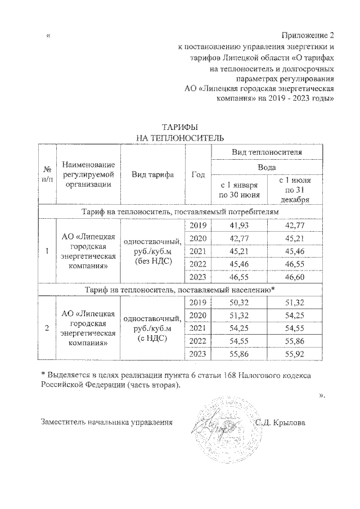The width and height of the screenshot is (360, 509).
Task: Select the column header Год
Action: tap(197, 174)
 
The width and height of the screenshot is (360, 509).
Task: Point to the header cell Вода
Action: tap(266, 167)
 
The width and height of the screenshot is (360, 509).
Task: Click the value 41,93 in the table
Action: tap(238, 226)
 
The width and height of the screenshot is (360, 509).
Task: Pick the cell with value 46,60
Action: tap(295, 277)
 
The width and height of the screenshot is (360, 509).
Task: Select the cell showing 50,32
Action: tap(238, 303)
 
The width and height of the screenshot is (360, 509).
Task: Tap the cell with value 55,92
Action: tap(295, 355)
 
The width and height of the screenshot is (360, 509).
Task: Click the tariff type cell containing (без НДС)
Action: tap(152, 251)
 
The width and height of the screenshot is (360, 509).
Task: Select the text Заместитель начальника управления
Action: tap(106, 422)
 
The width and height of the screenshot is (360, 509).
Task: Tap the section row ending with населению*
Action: tap(179, 290)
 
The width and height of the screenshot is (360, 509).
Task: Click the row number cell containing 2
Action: tap(46, 329)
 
